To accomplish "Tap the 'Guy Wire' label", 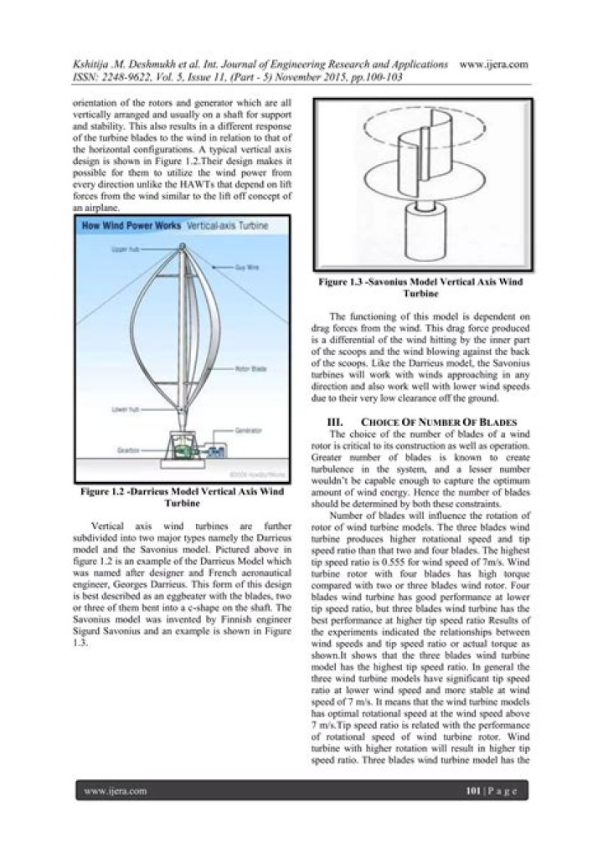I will [x=246, y=266].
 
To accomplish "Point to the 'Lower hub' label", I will [x=123, y=409].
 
